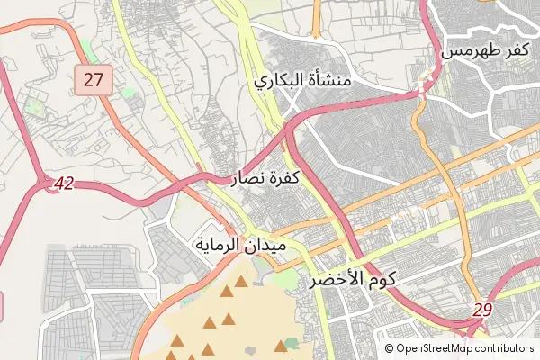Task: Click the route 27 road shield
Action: click(94, 80)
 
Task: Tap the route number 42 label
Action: click(62, 184)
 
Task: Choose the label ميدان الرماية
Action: click(240, 244)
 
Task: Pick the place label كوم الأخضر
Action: click(354, 280)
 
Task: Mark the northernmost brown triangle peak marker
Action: click(241, 282)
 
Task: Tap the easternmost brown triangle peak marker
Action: click(281, 346)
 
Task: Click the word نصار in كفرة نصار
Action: click(248, 178)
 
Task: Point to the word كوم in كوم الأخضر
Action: click(382, 280)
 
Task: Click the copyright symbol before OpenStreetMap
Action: click(390, 348)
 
